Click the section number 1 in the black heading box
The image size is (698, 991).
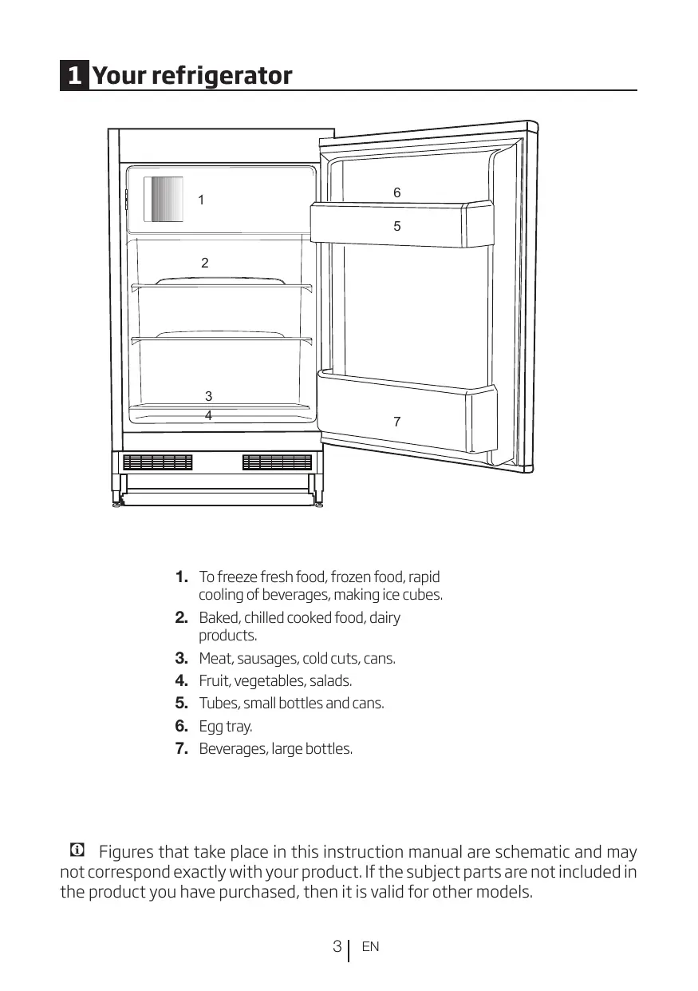pyautogui.click(x=74, y=77)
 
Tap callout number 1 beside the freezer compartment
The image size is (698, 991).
pyautogui.click(x=201, y=200)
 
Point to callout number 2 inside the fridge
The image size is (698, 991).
pyautogui.click(x=205, y=263)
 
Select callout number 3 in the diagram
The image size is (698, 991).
pyautogui.click(x=208, y=396)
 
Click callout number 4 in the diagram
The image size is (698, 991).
pyautogui.click(x=208, y=416)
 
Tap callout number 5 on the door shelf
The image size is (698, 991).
pyautogui.click(x=397, y=227)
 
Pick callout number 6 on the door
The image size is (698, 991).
pyautogui.click(x=397, y=193)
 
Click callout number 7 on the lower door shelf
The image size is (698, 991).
pyautogui.click(x=397, y=422)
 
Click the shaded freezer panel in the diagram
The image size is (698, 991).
pyautogui.click(x=164, y=200)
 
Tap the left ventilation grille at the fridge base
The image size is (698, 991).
pyautogui.click(x=158, y=462)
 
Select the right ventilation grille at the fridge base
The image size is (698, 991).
pyautogui.click(x=277, y=462)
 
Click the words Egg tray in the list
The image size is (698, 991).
pyautogui.click(x=225, y=727)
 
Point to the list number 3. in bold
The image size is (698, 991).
pyautogui.click(x=181, y=659)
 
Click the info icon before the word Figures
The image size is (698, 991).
pyautogui.click(x=77, y=850)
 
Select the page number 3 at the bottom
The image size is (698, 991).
pyautogui.click(x=337, y=947)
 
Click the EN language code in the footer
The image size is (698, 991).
pyautogui.click(x=370, y=947)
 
